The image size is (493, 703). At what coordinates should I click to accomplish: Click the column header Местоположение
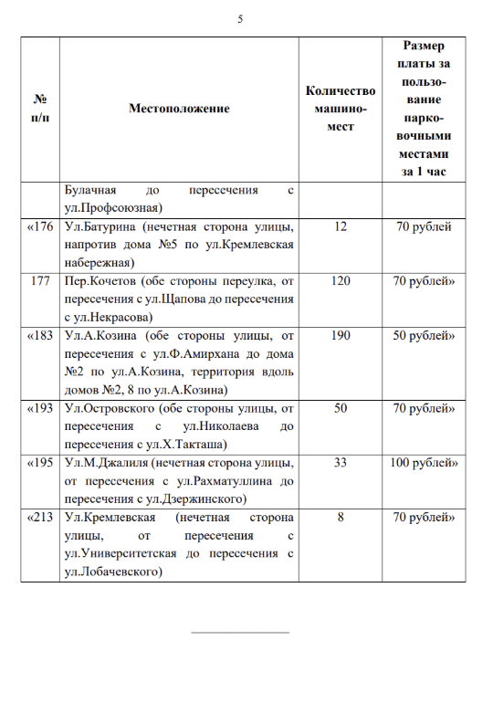pyautogui.click(x=179, y=109)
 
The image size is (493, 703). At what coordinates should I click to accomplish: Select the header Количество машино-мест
pyautogui.click(x=341, y=109)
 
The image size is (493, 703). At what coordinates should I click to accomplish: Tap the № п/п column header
pyautogui.click(x=40, y=109)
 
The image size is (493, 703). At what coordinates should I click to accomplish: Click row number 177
pyautogui.click(x=40, y=280)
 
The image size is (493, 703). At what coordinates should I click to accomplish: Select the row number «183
pyautogui.click(x=40, y=335)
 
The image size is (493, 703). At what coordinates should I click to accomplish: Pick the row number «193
pyautogui.click(x=40, y=408)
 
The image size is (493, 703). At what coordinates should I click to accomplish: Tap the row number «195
pyautogui.click(x=40, y=463)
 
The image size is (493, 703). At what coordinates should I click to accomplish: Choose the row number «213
pyautogui.click(x=40, y=518)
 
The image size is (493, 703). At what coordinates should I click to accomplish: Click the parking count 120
pyautogui.click(x=341, y=280)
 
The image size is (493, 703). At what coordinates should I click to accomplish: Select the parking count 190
pyautogui.click(x=341, y=335)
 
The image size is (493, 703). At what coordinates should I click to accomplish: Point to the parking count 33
pyautogui.click(x=341, y=463)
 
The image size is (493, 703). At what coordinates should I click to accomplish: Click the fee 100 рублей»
pyautogui.click(x=423, y=463)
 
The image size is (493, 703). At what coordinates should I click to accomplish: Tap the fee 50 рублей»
pyautogui.click(x=423, y=335)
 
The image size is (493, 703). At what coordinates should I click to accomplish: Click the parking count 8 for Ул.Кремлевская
pyautogui.click(x=341, y=518)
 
